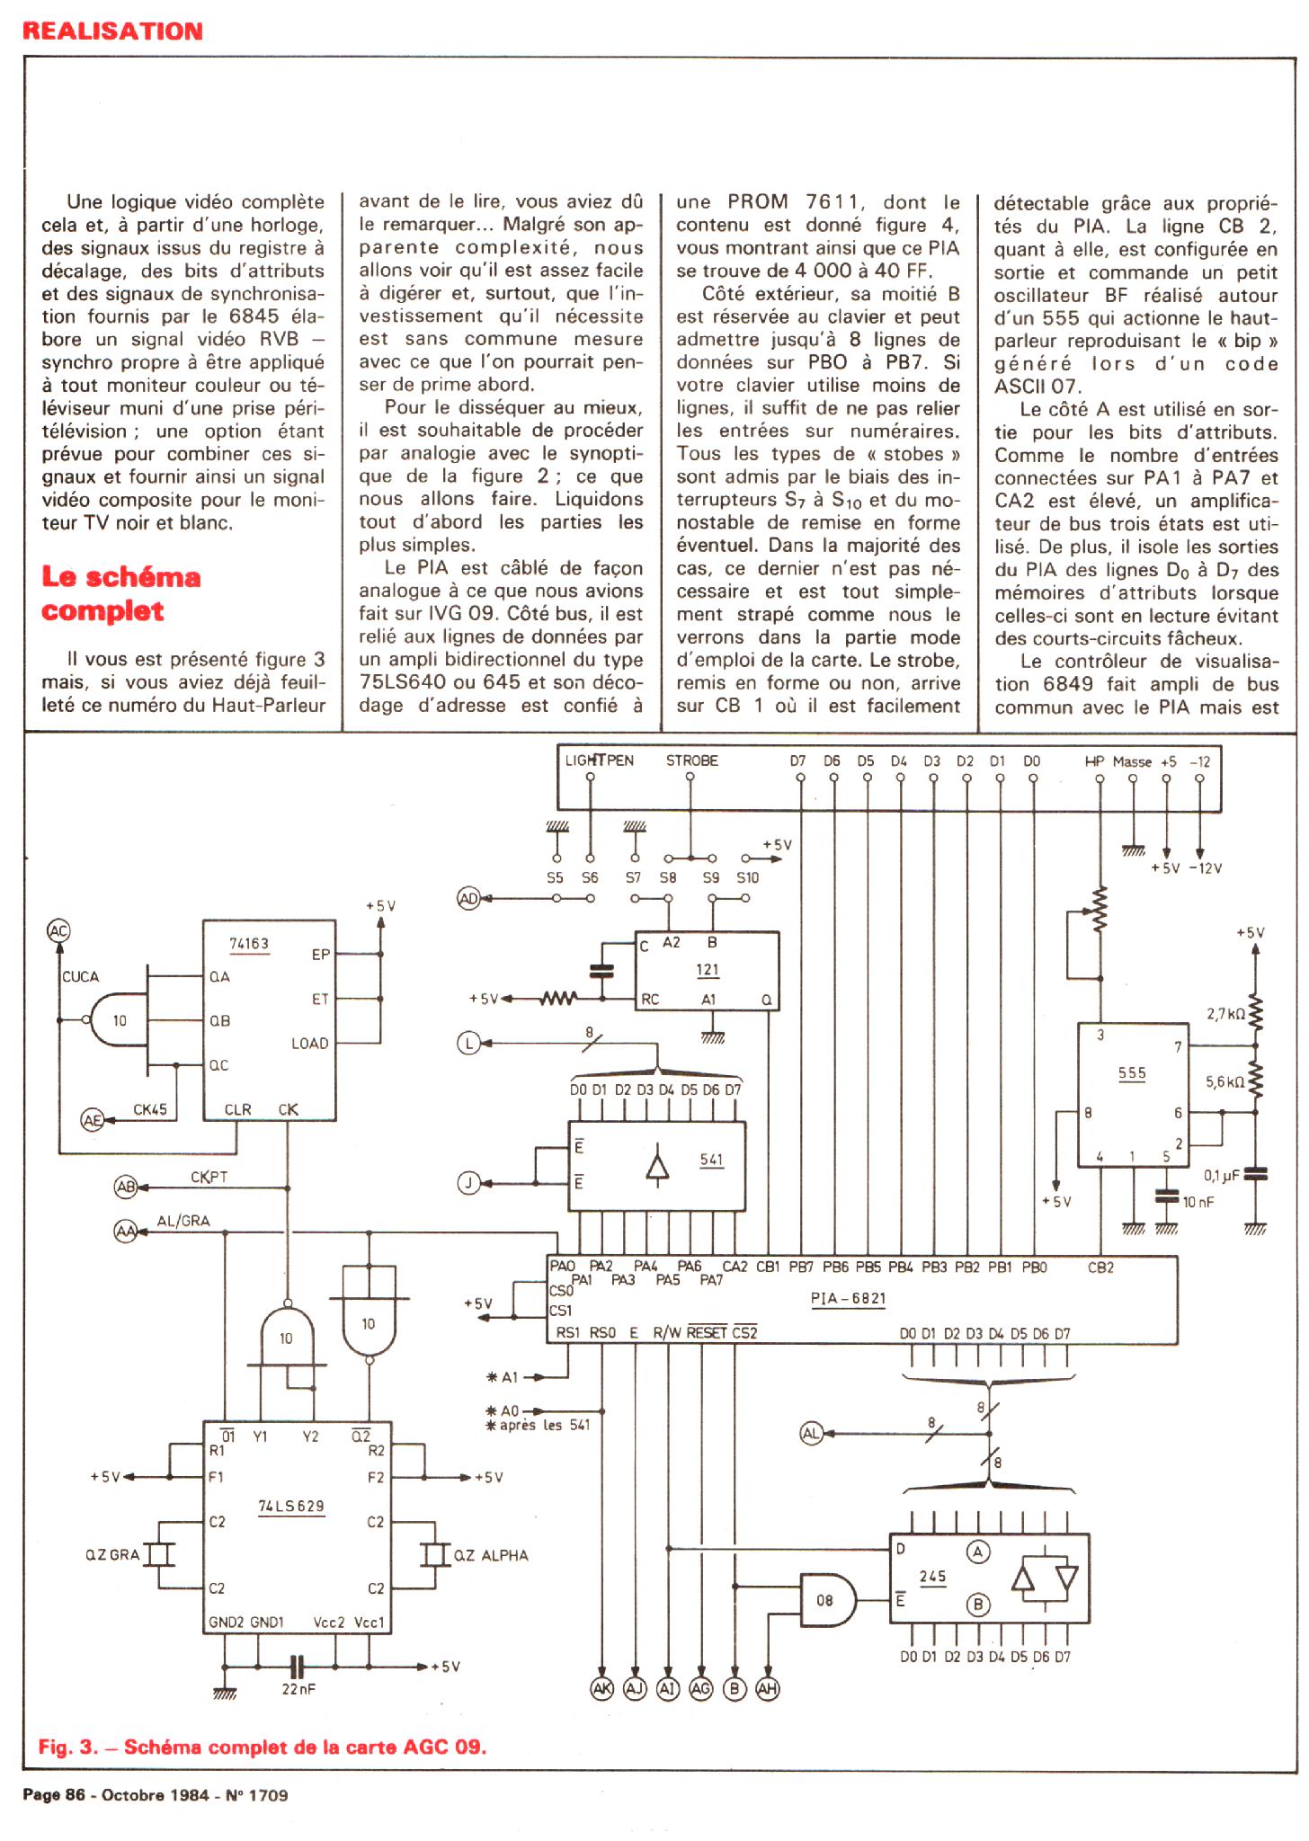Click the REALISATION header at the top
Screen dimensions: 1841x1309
coord(112,31)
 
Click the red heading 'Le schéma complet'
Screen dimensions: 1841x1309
coord(120,593)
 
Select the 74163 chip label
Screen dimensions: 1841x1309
coord(250,944)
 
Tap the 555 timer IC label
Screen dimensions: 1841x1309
coord(1132,1073)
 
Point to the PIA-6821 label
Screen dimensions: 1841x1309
coord(848,1299)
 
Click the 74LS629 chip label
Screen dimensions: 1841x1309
coord(291,1506)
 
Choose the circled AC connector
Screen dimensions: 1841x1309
coord(58,931)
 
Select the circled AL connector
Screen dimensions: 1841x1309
coord(812,1434)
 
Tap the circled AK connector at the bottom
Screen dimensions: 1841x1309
coord(601,1689)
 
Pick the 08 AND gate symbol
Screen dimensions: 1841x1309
coord(827,1600)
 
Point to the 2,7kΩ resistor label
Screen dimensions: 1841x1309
coord(1225,1014)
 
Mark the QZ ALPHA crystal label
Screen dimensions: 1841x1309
coord(491,1555)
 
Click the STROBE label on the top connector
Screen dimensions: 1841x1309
coord(691,760)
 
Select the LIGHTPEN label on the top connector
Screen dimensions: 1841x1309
coord(599,760)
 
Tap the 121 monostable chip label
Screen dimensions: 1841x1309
coord(708,970)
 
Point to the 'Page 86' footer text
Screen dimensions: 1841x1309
coord(53,1795)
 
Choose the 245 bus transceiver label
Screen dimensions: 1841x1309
coord(932,1576)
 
